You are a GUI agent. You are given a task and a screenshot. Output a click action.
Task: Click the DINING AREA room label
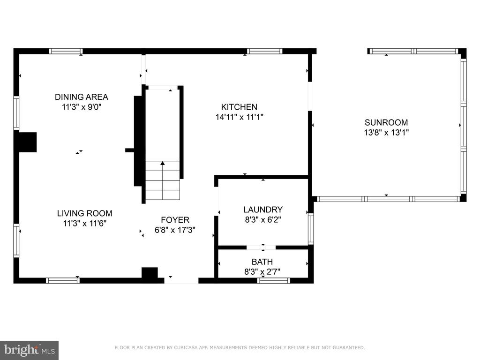82,97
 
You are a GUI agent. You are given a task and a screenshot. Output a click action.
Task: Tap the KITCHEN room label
239,107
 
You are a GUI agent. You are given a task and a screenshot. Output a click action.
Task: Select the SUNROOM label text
386,122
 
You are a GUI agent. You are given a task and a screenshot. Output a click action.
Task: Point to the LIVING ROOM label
84,213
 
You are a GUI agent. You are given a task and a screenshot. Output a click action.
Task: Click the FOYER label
175,220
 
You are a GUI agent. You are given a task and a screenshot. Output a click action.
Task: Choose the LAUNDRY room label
263,210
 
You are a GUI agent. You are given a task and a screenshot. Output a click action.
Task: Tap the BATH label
262,262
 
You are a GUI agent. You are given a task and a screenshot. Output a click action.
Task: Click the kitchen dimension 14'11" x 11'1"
240,117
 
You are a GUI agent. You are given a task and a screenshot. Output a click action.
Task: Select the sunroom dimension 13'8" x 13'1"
386,133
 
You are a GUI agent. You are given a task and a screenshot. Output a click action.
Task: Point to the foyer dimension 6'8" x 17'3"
175,230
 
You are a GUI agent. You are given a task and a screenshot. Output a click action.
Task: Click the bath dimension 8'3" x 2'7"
262,271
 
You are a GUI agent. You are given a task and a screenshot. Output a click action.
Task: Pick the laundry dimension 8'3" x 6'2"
263,219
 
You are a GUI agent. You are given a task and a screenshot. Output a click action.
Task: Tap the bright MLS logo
30,350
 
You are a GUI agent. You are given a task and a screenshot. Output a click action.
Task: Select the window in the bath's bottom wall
273,280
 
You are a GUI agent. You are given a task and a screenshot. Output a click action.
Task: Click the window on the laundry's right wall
311,228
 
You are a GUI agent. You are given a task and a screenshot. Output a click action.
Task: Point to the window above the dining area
66,51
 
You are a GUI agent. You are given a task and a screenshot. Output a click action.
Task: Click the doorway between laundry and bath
261,247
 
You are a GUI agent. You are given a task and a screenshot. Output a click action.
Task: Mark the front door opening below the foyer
181,280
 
